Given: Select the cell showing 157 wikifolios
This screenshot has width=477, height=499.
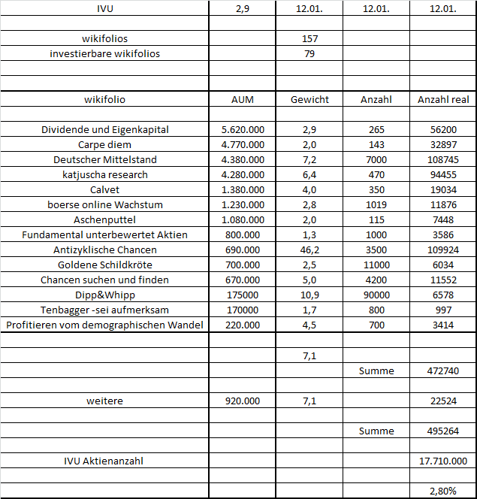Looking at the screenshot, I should [309, 38].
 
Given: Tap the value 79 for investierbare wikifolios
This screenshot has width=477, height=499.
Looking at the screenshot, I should [309, 53].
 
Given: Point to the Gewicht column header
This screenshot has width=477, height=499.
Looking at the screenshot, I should [309, 99].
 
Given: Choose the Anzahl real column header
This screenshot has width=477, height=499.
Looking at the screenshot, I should [443, 99].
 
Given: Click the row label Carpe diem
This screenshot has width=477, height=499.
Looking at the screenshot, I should [104, 144].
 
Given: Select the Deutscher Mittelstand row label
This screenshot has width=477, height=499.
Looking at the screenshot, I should [104, 159].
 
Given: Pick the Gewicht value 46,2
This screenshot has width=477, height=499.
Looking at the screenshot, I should [309, 249].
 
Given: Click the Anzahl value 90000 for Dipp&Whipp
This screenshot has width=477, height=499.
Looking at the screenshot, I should [376, 295].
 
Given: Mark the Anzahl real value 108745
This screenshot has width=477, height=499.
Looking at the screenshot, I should [443, 159].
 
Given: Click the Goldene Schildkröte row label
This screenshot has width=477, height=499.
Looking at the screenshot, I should [104, 265].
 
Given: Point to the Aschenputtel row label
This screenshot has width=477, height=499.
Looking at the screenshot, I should [104, 219].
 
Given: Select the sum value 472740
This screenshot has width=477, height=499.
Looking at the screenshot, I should [443, 370].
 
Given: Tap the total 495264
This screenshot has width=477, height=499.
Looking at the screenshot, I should [443, 431].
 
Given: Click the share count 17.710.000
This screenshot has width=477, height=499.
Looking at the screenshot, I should [443, 461].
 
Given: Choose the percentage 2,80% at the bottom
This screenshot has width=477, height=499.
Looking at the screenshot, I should [443, 491].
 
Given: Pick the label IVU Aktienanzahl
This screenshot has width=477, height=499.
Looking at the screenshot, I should [104, 461].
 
